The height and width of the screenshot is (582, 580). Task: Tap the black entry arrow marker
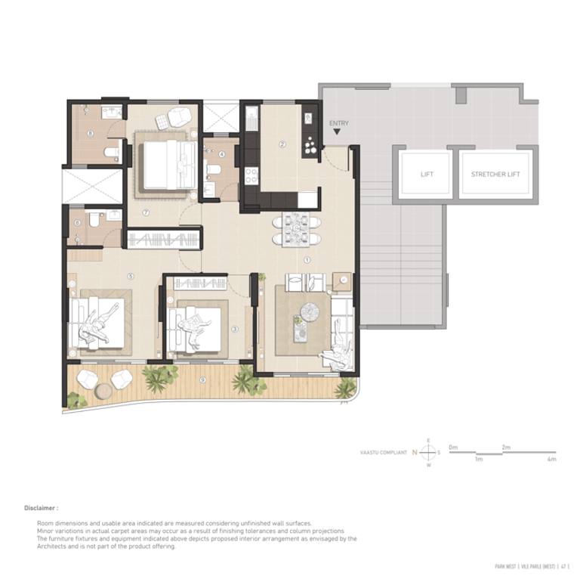337,132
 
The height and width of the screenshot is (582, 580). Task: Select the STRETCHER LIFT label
495,175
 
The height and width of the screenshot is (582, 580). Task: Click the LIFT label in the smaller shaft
427,175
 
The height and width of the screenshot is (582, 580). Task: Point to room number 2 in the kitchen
282,144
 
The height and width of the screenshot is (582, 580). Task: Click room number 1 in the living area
307,258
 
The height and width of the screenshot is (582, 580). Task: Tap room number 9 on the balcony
203,379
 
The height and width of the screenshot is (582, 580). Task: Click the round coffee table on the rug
307,311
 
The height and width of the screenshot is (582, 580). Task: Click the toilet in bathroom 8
111,153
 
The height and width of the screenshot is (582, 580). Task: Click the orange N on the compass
415,452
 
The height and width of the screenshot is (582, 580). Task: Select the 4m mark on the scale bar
552,459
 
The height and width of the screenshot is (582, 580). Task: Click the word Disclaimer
41,509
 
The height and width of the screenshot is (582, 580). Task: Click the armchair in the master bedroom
179,117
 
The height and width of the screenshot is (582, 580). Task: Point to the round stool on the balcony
103,389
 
